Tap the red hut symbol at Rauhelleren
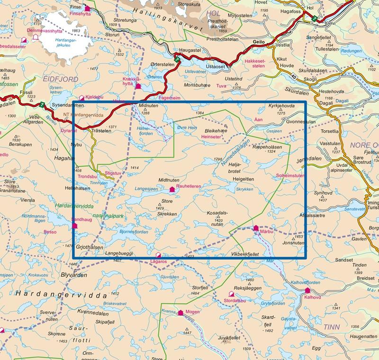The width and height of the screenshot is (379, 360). coord(172,189)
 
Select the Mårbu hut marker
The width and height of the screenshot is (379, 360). coord(256,227)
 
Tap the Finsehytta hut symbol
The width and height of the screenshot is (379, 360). coord(87,8)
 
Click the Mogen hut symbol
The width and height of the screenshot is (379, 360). coord(180,313)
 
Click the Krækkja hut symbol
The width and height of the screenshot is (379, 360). coord(138,86)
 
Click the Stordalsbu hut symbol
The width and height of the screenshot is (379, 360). coord(231,294)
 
